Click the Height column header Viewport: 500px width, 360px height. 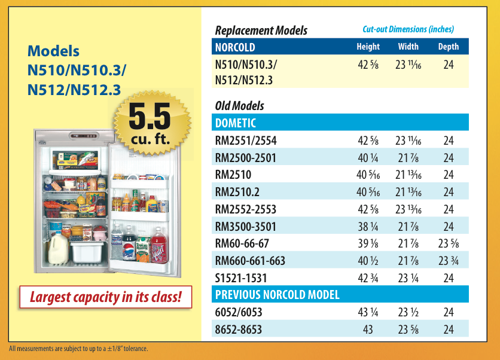368,47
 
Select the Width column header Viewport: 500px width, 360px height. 408,47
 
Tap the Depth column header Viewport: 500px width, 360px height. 449,47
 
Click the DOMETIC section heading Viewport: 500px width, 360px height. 235,123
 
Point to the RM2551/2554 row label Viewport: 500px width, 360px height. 246,141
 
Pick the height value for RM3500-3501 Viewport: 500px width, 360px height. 368,227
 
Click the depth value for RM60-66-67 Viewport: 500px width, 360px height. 449,243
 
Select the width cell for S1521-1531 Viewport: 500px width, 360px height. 408,278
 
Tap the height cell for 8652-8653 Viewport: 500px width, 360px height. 368,330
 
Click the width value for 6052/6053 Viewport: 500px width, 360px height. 408,312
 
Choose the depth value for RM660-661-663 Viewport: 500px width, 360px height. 449,261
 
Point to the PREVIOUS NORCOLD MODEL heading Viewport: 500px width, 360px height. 277,295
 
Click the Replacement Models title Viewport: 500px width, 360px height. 261,30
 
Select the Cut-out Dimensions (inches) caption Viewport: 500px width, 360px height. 408,29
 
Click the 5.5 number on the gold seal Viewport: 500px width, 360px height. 150,117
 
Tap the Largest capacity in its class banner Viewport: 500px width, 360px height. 105,297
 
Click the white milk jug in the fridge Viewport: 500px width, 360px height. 58,248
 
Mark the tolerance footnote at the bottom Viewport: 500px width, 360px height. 78,349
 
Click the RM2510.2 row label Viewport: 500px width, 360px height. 237,192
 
